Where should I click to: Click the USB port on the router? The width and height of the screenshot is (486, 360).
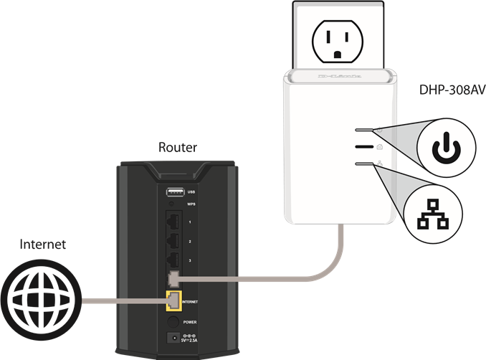174,191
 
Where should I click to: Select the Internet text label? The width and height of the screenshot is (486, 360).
43,245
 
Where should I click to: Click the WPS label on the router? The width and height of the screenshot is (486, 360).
191,204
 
